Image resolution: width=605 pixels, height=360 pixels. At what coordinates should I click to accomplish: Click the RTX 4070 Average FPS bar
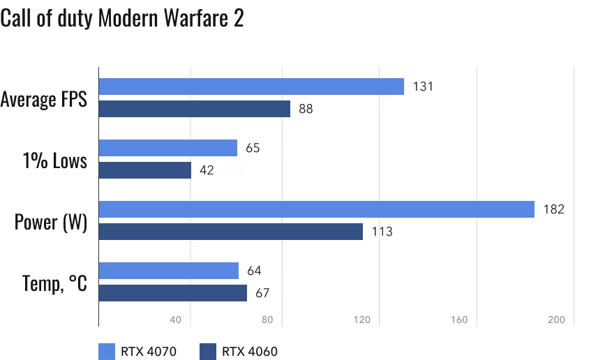pyautogui.click(x=251, y=87)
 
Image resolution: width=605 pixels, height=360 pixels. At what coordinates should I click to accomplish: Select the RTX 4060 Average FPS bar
pyautogui.click(x=194, y=109)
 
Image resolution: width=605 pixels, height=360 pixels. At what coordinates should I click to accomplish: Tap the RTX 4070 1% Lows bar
pyautogui.click(x=167, y=148)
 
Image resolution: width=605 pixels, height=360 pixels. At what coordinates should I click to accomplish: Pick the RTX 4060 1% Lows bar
pyautogui.click(x=144, y=170)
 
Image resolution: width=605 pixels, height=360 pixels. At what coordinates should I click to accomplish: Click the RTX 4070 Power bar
pyautogui.click(x=316, y=209)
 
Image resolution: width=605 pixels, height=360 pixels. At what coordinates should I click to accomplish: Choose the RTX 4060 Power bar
pyautogui.click(x=230, y=232)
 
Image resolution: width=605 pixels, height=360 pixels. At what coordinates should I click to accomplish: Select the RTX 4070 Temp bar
pyautogui.click(x=168, y=271)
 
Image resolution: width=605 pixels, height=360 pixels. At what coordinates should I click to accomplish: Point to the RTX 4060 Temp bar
pyautogui.click(x=172, y=293)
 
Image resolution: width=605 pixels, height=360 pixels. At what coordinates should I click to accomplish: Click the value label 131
pyautogui.click(x=423, y=87)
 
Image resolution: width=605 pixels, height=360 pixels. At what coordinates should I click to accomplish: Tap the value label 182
pyautogui.click(x=553, y=209)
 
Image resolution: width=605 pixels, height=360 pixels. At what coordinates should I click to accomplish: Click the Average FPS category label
pyautogui.click(x=44, y=99)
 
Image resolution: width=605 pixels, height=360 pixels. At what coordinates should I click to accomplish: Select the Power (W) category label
pyautogui.click(x=51, y=223)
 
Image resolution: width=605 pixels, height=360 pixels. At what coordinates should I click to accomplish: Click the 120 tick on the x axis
pyautogui.click(x=361, y=320)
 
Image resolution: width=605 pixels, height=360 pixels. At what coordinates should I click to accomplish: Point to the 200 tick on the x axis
pyautogui.click(x=555, y=320)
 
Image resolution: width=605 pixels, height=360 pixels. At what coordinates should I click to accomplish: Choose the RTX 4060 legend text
pyautogui.click(x=250, y=351)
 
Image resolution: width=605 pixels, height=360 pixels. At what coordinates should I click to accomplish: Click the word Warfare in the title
pyautogui.click(x=190, y=19)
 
